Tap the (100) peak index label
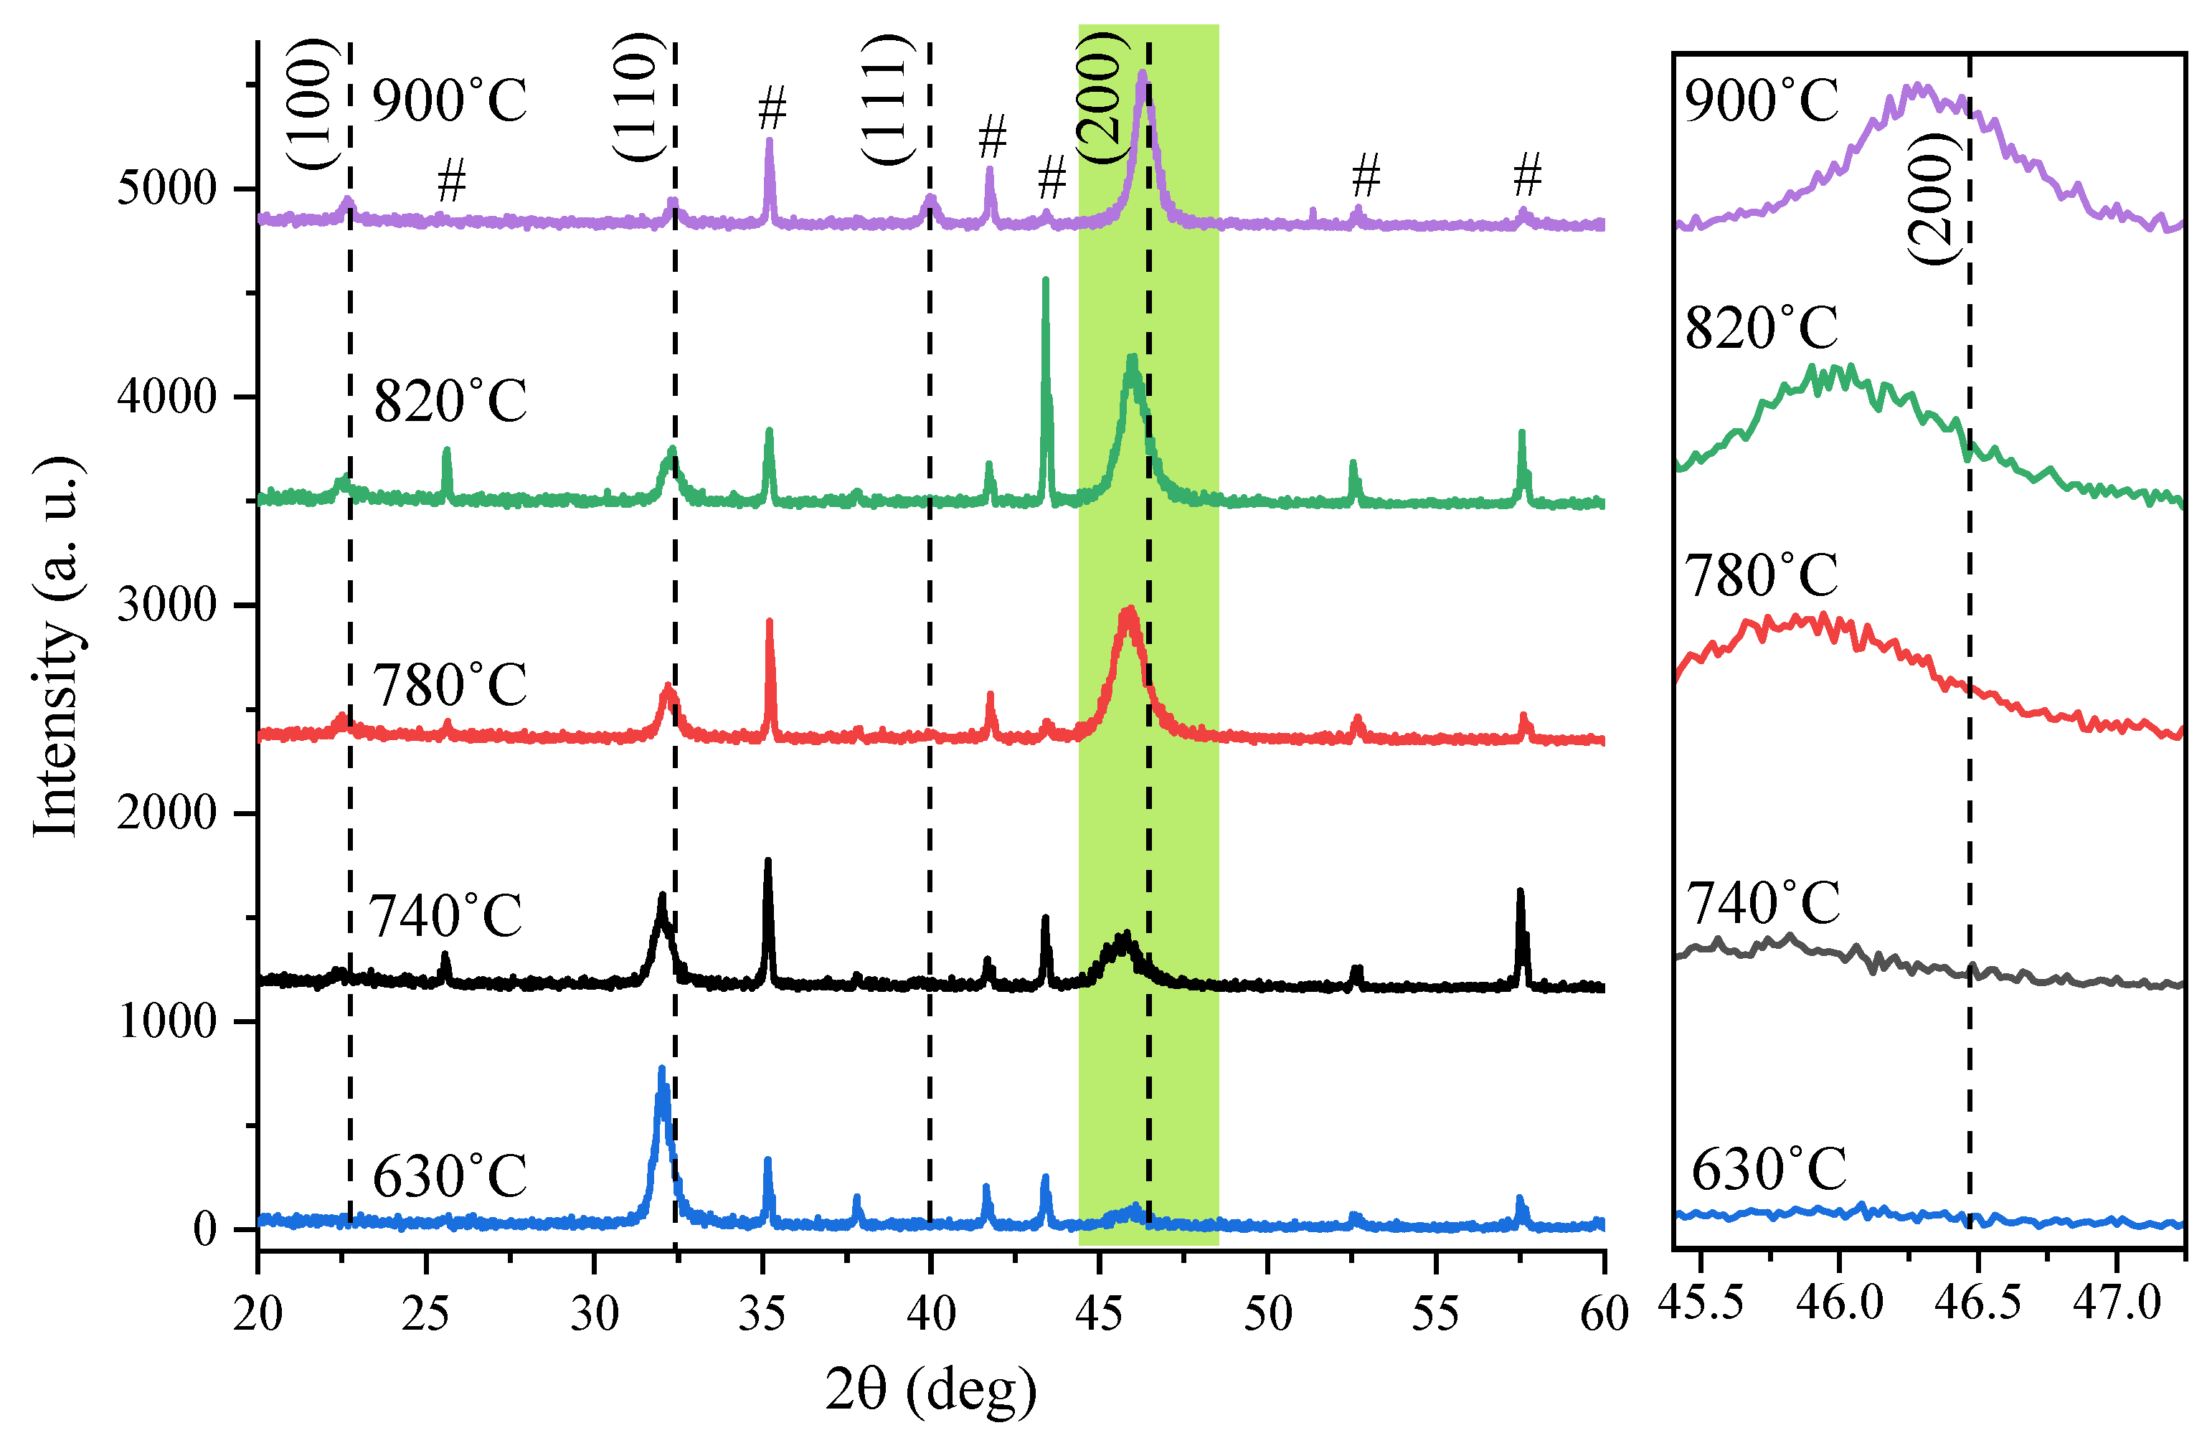[x=309, y=104]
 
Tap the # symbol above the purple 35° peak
[x=772, y=108]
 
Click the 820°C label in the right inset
[x=1761, y=328]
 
